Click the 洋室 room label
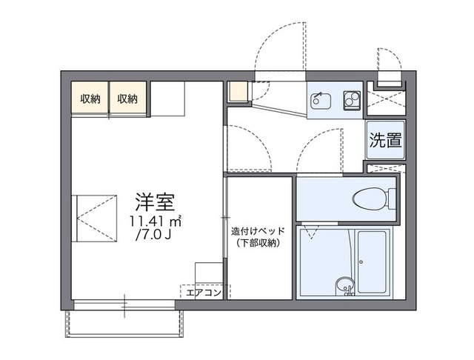[x=155, y=201]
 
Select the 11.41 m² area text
[x=155, y=221]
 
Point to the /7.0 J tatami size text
[x=155, y=236]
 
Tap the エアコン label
[x=202, y=293]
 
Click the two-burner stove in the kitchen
[x=350, y=99]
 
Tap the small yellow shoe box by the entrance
[x=236, y=93]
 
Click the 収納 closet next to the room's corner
[x=90, y=99]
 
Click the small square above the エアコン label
[x=208, y=273]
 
